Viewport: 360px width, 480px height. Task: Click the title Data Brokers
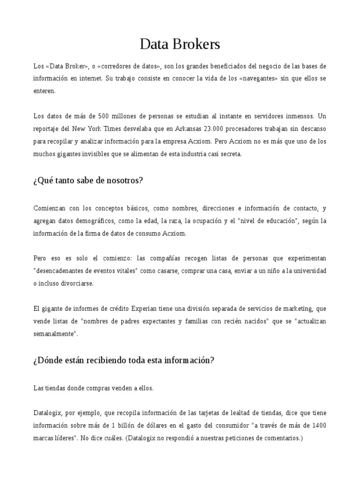click(x=180, y=45)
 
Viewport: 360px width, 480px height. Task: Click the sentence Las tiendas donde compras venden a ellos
click(x=93, y=388)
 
